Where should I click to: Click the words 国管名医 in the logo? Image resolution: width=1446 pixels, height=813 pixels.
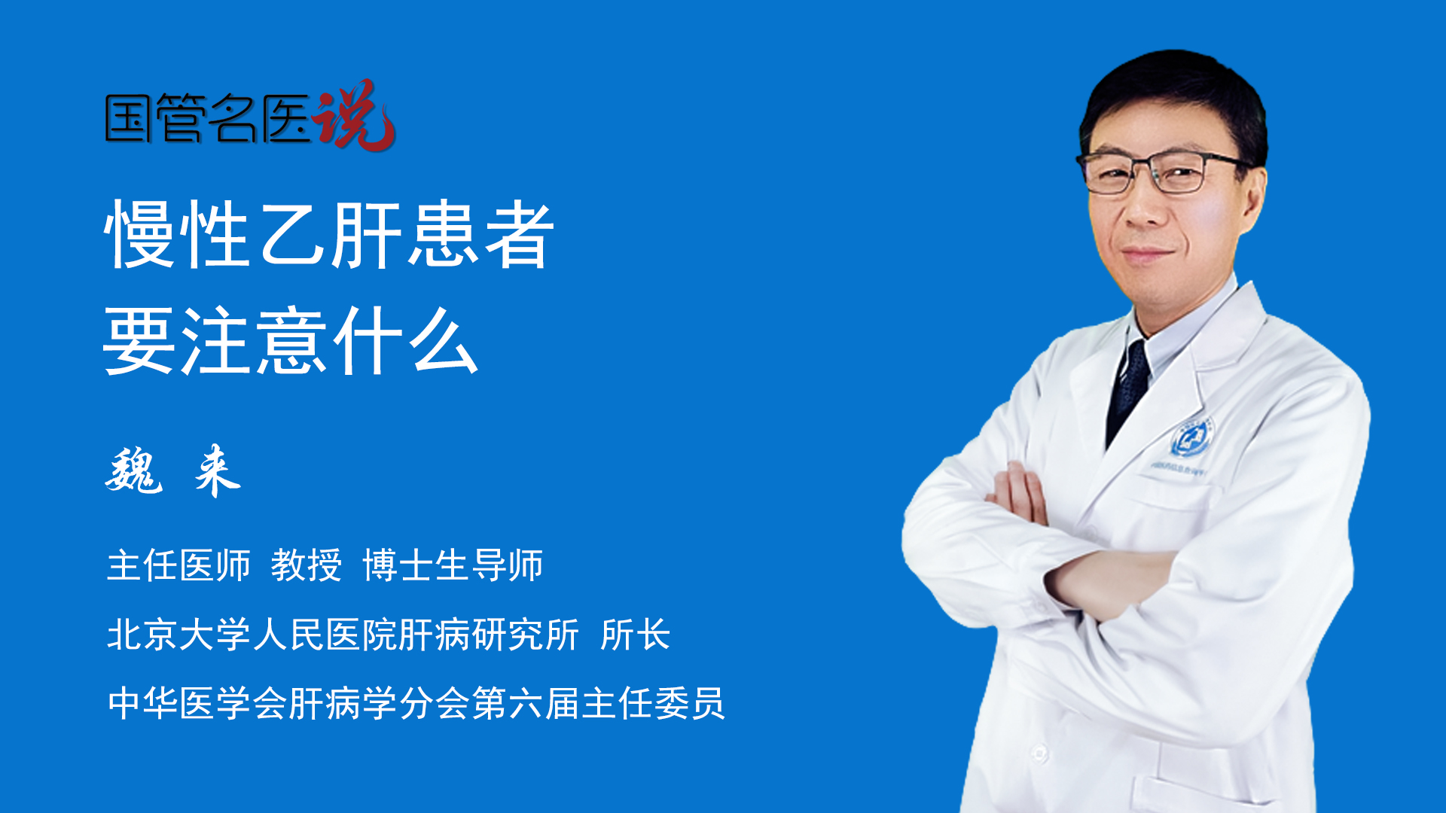[208, 118]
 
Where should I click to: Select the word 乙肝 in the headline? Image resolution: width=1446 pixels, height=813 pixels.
[330, 234]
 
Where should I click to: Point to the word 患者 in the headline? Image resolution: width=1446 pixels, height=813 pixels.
[480, 234]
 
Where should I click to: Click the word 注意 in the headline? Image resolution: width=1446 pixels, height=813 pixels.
[254, 341]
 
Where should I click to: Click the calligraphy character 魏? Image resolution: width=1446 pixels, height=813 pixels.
[134, 470]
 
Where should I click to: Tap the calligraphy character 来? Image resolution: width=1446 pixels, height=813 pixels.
[217, 470]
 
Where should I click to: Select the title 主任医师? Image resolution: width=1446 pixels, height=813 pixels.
[178, 565]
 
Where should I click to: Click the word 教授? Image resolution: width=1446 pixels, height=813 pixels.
[307, 565]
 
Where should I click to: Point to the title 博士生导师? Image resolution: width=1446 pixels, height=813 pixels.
[453, 565]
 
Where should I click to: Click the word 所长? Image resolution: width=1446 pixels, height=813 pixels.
[636, 635]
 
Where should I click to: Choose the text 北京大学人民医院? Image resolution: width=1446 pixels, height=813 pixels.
[252, 635]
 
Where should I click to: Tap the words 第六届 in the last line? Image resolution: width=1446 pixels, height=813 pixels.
[526, 704]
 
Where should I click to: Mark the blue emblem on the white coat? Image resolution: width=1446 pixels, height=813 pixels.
[1191, 439]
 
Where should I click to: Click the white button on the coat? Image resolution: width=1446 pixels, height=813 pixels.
[1039, 753]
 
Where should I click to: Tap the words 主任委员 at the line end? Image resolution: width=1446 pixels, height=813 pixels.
[653, 704]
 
